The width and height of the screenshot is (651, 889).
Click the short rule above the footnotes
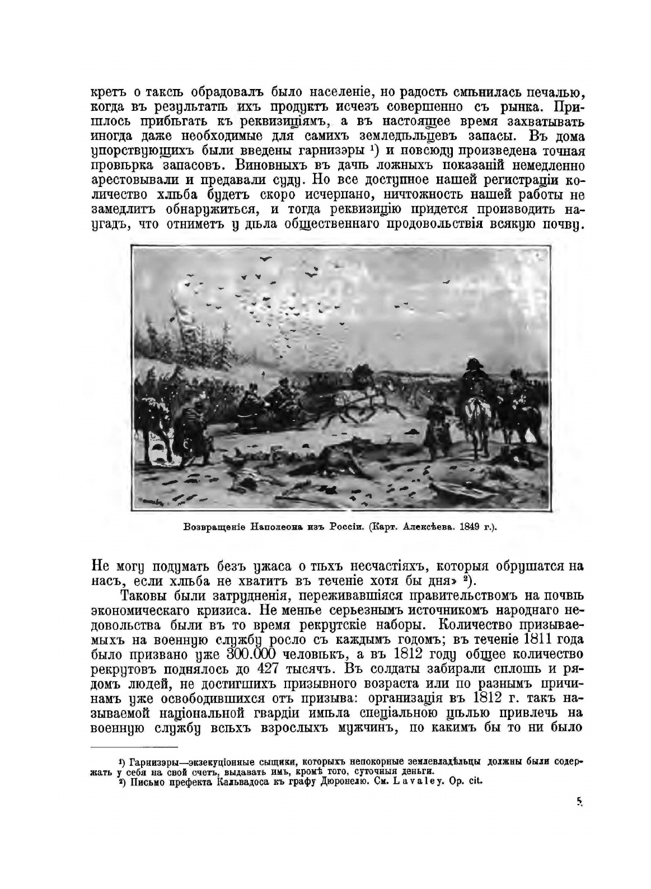[x=134, y=747]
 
